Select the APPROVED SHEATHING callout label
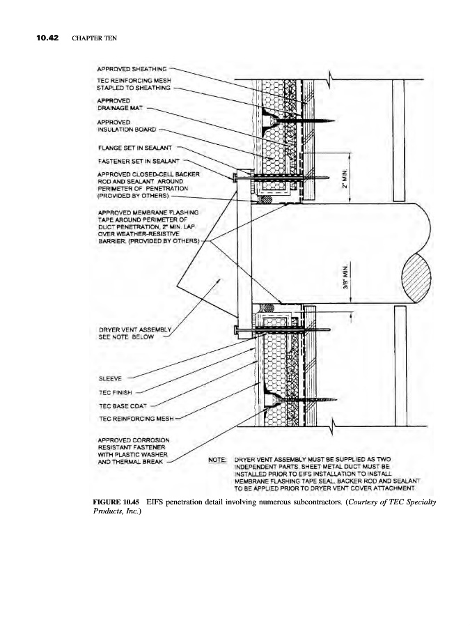[x=132, y=70]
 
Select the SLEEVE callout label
[x=110, y=380]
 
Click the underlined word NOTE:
[x=218, y=460]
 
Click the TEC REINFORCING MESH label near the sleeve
[x=136, y=418]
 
